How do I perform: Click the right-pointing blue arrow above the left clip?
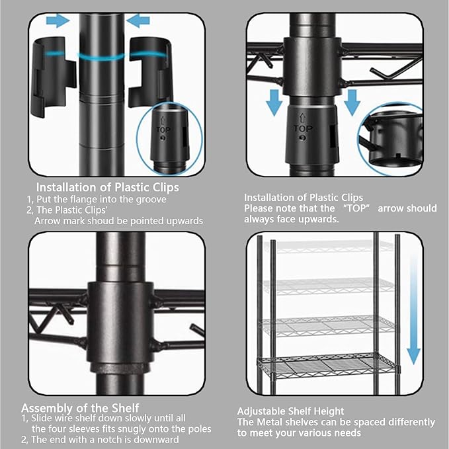(x=58, y=20)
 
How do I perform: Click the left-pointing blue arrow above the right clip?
(x=138, y=20)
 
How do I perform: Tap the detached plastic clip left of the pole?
(x=53, y=77)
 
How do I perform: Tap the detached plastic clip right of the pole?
(x=149, y=72)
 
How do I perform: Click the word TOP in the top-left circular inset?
(x=163, y=130)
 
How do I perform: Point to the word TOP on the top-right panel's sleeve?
(x=303, y=128)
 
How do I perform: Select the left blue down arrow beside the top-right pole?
(x=274, y=102)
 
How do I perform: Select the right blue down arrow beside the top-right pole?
(x=352, y=102)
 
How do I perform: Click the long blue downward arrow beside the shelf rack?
(x=413, y=309)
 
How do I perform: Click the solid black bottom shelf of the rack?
(x=328, y=365)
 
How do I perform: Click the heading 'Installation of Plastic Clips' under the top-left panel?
(x=108, y=187)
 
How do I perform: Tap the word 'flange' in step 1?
(x=81, y=199)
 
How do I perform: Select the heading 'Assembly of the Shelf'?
(x=80, y=408)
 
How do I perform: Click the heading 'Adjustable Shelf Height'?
(x=290, y=411)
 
